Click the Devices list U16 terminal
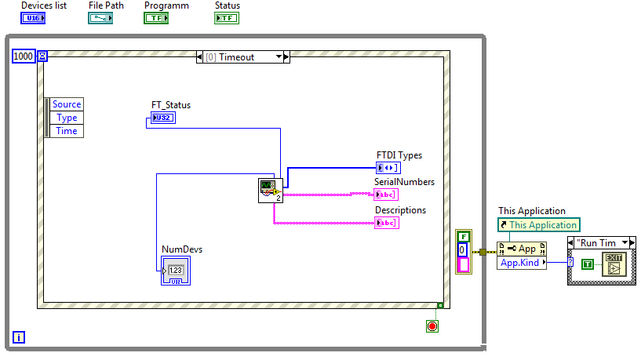32,18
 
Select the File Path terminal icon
100,18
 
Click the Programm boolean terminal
155,18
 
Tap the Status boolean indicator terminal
227,18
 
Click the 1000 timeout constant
24,56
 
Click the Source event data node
67,104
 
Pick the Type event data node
67,118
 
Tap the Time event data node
67,131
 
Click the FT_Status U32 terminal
161,118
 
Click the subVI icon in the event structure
271,191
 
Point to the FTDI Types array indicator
388,167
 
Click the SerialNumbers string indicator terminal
386,195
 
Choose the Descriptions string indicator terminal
386,223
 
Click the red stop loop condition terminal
432,325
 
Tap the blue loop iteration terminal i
19,337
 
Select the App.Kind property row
521,263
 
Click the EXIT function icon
613,264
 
